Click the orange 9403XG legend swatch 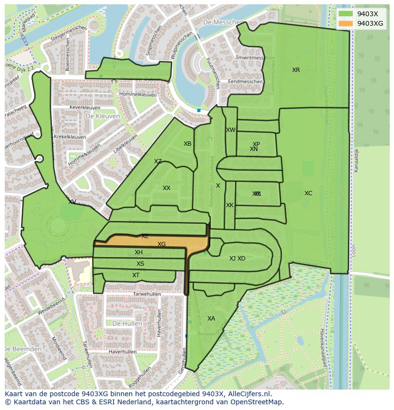click(346, 23)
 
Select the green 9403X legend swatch click(346, 14)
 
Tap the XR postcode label click(296, 70)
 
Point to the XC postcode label click(308, 193)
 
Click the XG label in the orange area click(162, 244)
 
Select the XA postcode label click(211, 319)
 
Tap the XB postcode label click(187, 144)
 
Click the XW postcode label click(231, 130)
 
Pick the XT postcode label click(136, 275)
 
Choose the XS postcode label click(140, 264)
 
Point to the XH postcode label click(138, 252)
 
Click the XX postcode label click(167, 188)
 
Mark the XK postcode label click(230, 205)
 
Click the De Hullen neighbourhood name click(127, 323)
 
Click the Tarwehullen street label click(147, 294)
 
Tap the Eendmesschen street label click(245, 82)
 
